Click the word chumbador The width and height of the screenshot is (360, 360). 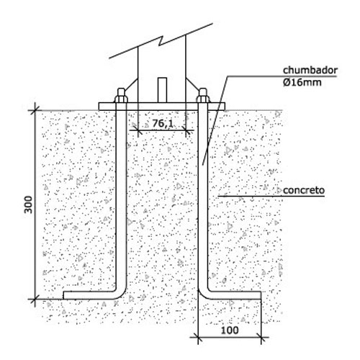(x=310, y=71)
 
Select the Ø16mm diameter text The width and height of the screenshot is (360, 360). (x=302, y=82)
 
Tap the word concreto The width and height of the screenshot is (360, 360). (x=304, y=190)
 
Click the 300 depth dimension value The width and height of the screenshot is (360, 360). (x=28, y=204)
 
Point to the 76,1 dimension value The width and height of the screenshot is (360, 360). (x=163, y=123)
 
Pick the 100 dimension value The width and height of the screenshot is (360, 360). (x=230, y=330)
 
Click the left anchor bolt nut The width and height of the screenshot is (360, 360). (x=121, y=96)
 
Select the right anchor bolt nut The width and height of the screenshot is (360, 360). (x=203, y=96)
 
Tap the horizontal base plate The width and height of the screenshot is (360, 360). (x=162, y=107)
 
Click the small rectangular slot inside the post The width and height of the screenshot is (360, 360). (x=162, y=90)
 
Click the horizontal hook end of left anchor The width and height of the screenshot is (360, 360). (x=89, y=295)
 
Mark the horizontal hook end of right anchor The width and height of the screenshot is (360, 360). (x=235, y=295)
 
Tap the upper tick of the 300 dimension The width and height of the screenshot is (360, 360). (x=35, y=110)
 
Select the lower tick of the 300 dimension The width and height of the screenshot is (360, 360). (x=35, y=300)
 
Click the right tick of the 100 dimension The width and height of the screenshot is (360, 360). (x=261, y=337)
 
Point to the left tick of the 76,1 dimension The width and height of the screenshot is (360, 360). (x=138, y=130)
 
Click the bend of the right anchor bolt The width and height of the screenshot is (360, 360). (x=204, y=293)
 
